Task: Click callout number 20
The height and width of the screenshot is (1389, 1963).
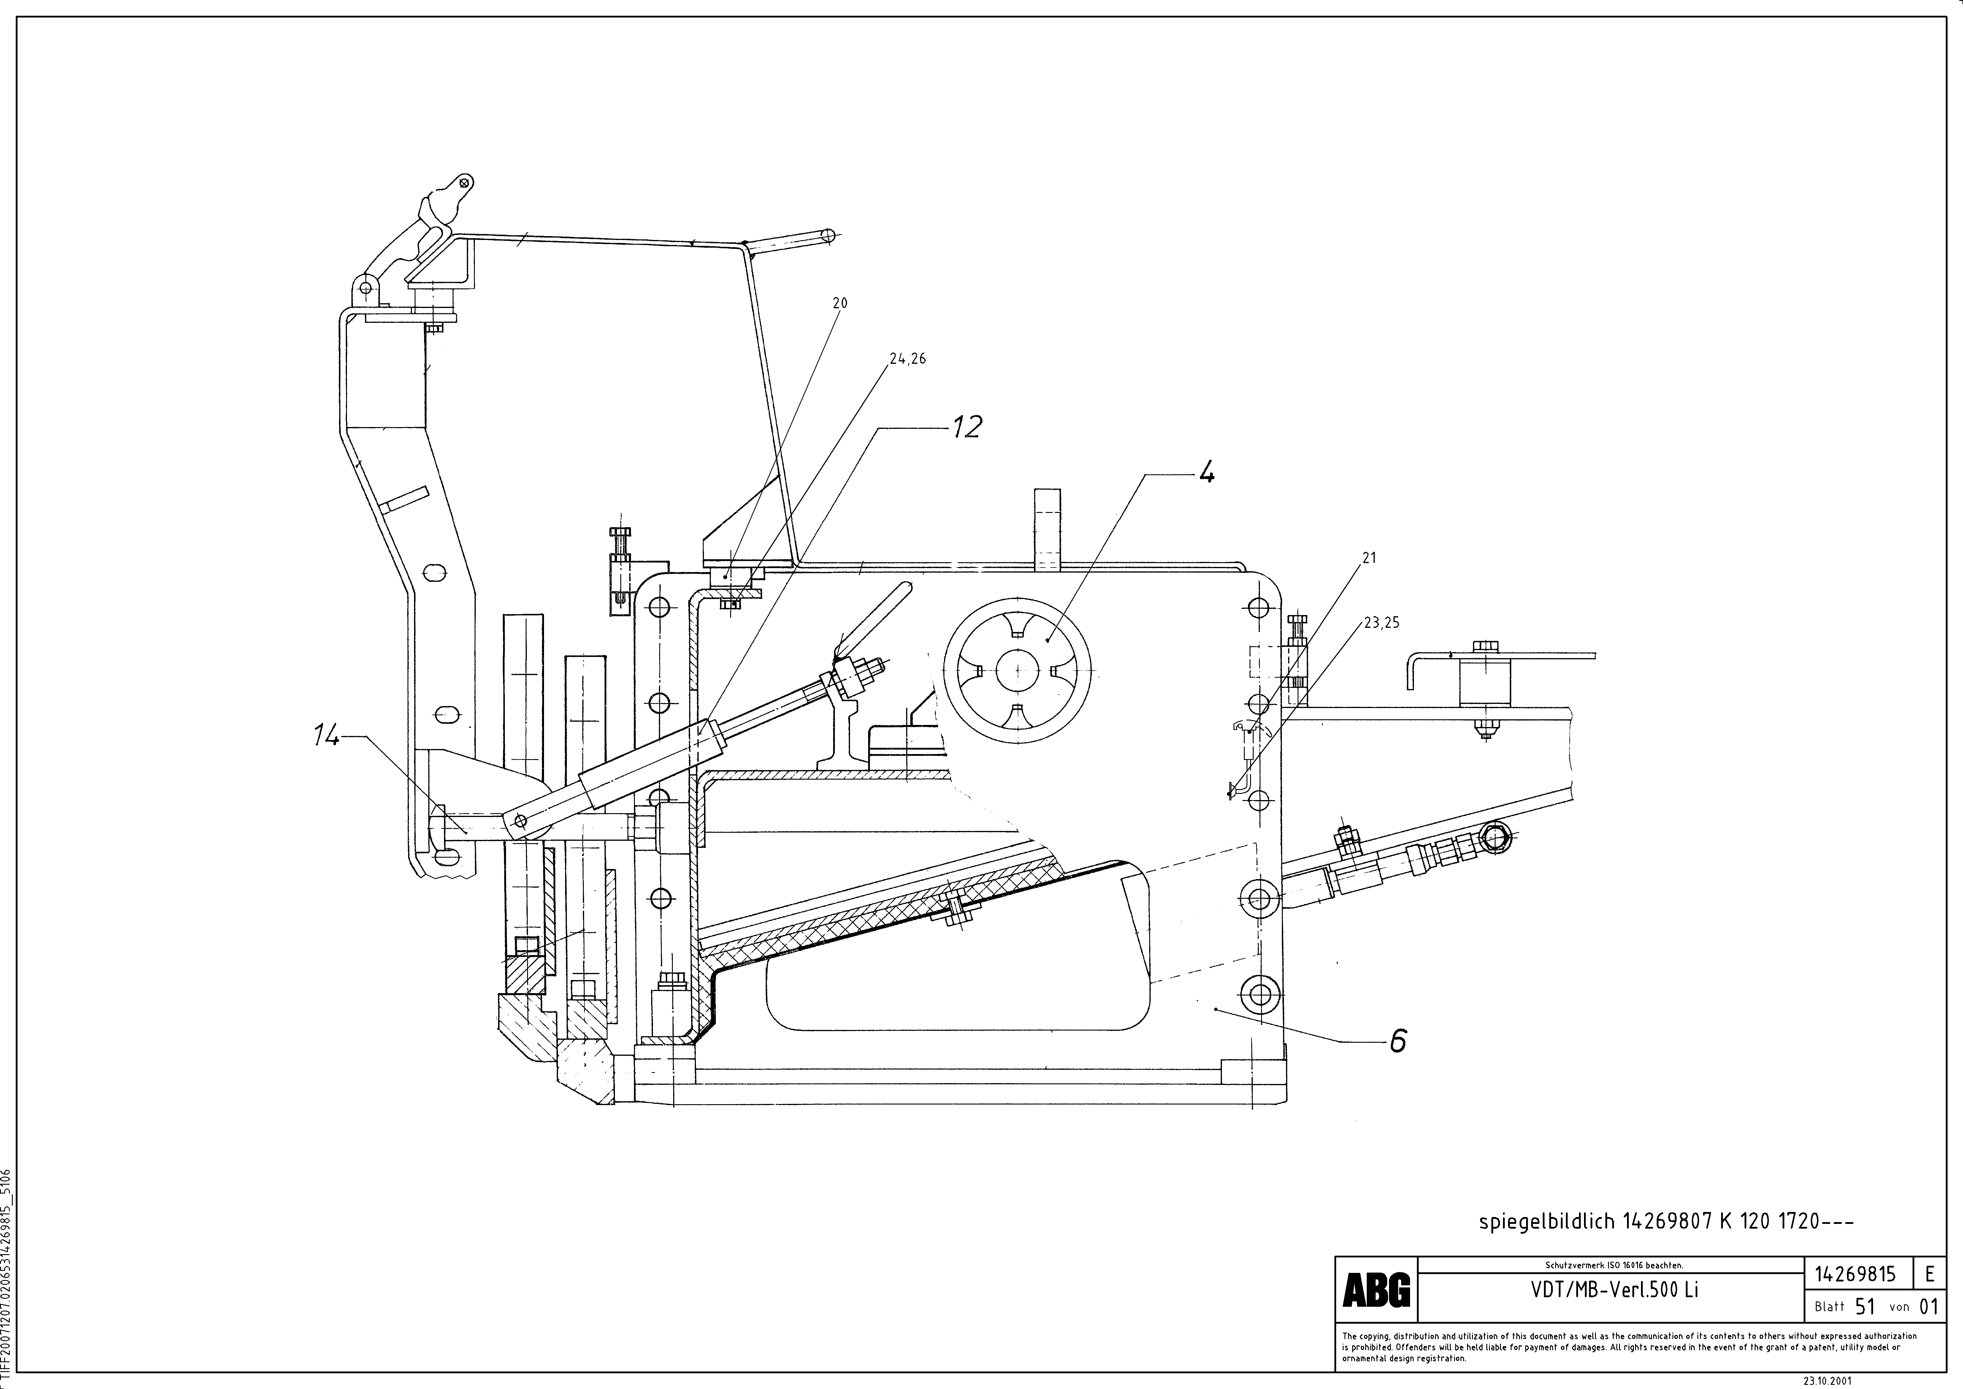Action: (840, 303)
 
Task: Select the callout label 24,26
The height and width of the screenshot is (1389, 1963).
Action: (907, 359)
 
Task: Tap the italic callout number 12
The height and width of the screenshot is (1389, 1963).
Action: (967, 427)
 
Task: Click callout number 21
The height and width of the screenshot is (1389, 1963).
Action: (1369, 558)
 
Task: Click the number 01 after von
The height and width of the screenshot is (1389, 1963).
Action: (1929, 1307)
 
